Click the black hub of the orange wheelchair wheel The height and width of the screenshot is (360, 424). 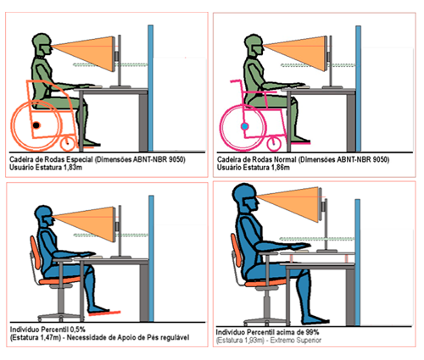(x=36, y=125)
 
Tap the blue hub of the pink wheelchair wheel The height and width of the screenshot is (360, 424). (x=245, y=126)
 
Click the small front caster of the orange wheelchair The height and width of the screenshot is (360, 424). (x=68, y=143)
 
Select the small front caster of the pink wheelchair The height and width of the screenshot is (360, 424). (x=274, y=143)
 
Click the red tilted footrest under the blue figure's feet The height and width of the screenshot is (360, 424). (x=104, y=313)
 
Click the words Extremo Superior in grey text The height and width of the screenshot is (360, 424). (x=296, y=341)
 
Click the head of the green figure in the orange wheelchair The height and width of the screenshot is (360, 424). (x=42, y=45)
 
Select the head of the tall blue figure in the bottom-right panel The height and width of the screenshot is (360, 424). (x=245, y=197)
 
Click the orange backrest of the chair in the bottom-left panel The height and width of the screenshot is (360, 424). (x=36, y=252)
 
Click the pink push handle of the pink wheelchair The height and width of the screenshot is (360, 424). (x=236, y=81)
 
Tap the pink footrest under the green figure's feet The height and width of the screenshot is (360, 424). (x=300, y=143)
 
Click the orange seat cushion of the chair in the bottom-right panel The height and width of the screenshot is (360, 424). (x=261, y=283)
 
